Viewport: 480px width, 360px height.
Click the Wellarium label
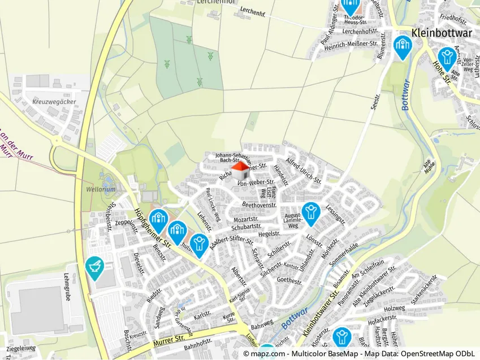coord(97,189)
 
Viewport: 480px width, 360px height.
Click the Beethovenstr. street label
coord(259,204)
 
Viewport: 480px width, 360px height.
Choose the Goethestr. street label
coord(291,280)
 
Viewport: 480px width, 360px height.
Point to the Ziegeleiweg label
coord(21,348)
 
